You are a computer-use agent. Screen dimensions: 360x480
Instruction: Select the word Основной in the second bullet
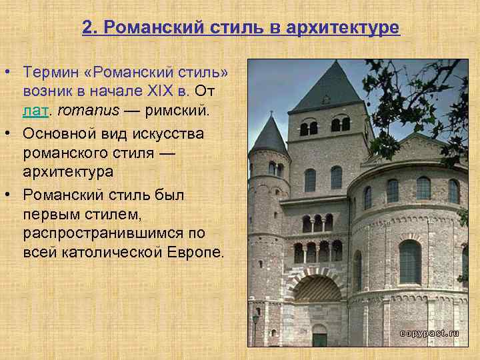[x=57, y=133]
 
